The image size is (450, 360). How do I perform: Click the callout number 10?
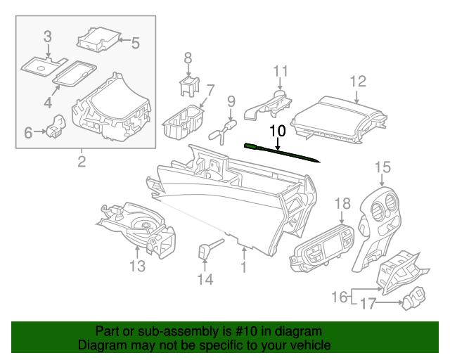click(277, 131)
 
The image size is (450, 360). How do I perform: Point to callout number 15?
click(382, 167)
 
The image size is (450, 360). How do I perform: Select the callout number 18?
click(342, 204)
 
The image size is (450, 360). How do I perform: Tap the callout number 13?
click(137, 266)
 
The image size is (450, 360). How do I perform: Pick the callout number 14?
click(205, 280)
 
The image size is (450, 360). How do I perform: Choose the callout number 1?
click(243, 267)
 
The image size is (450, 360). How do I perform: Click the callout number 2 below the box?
click(82, 162)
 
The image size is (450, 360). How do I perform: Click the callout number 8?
click(188, 57)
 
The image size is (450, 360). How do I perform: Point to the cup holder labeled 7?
click(183, 121)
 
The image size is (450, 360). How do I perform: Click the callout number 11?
click(281, 71)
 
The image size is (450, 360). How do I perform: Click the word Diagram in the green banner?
click(101, 345)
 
